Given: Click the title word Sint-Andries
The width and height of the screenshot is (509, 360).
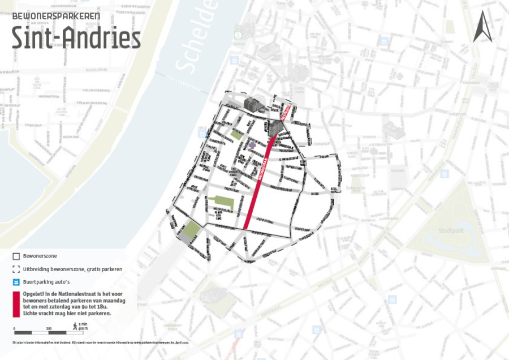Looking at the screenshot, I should click(76, 38).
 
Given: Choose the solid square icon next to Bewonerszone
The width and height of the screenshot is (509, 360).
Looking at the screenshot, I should click(16, 256).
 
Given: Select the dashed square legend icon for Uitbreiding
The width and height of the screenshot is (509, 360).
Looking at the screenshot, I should click(16, 269).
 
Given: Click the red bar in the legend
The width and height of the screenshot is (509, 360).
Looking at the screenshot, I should click(16, 304).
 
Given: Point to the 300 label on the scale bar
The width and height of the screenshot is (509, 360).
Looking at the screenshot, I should click(49, 328).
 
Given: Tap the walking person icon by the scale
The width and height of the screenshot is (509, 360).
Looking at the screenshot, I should click(74, 325).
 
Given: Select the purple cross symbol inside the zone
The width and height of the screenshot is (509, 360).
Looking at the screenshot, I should click(251, 145).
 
